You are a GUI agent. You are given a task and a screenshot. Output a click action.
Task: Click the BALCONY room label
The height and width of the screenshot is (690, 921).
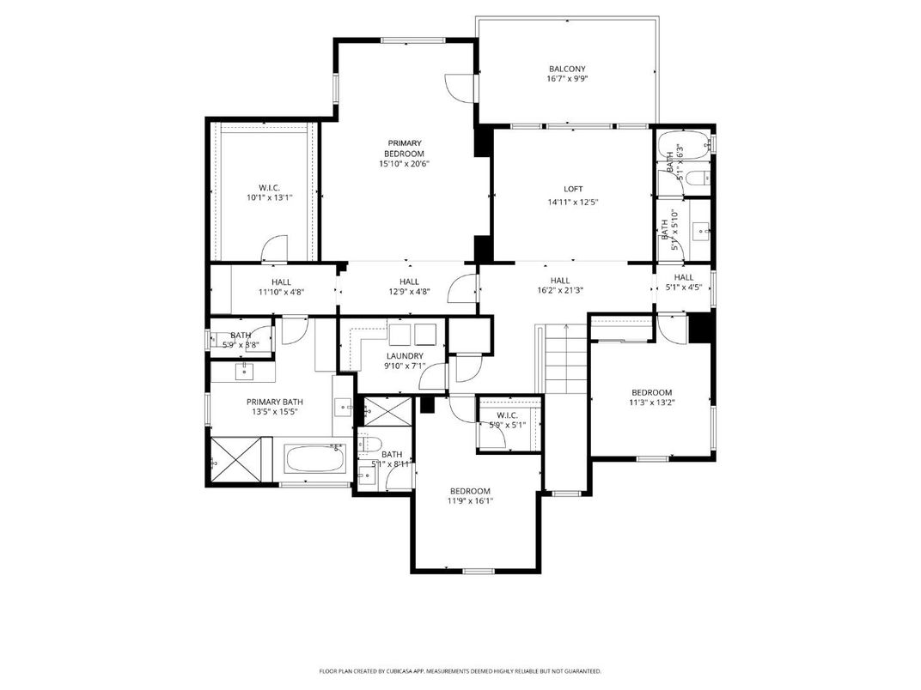pyautogui.click(x=567, y=69)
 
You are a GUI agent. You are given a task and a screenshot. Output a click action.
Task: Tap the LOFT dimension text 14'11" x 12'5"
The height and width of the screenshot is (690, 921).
pyautogui.click(x=572, y=203)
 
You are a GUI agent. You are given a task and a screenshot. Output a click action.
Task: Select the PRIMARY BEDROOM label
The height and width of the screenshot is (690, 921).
pyautogui.click(x=404, y=148)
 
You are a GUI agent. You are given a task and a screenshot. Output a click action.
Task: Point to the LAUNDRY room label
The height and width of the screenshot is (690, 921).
pyautogui.click(x=405, y=355)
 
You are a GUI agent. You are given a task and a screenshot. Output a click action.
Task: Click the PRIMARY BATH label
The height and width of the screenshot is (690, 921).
pyautogui.click(x=275, y=402)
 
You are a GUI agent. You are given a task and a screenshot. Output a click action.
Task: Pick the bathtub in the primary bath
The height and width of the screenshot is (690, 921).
pyautogui.click(x=314, y=458)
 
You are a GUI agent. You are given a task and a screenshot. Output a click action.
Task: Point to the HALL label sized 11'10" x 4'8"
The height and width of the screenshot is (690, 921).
pyautogui.click(x=281, y=281)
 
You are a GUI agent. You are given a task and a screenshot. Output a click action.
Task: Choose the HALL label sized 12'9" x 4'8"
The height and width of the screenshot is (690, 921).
pyautogui.click(x=409, y=281)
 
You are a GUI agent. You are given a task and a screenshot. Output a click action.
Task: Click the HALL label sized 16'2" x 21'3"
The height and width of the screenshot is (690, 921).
pyautogui.click(x=560, y=281)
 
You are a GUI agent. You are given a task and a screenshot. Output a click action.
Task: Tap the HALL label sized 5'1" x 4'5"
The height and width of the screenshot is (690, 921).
pyautogui.click(x=684, y=277)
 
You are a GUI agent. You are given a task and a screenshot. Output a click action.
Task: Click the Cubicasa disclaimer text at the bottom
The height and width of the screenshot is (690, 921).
pyautogui.click(x=460, y=671)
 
